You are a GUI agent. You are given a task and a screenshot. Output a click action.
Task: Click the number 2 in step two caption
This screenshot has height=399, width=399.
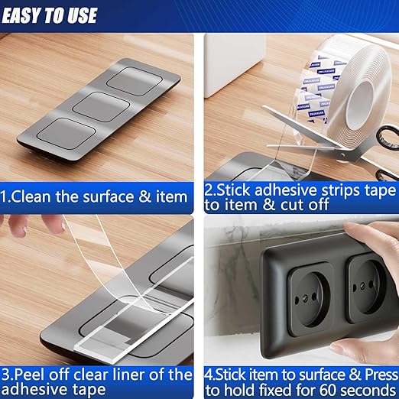coord(209,188)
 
